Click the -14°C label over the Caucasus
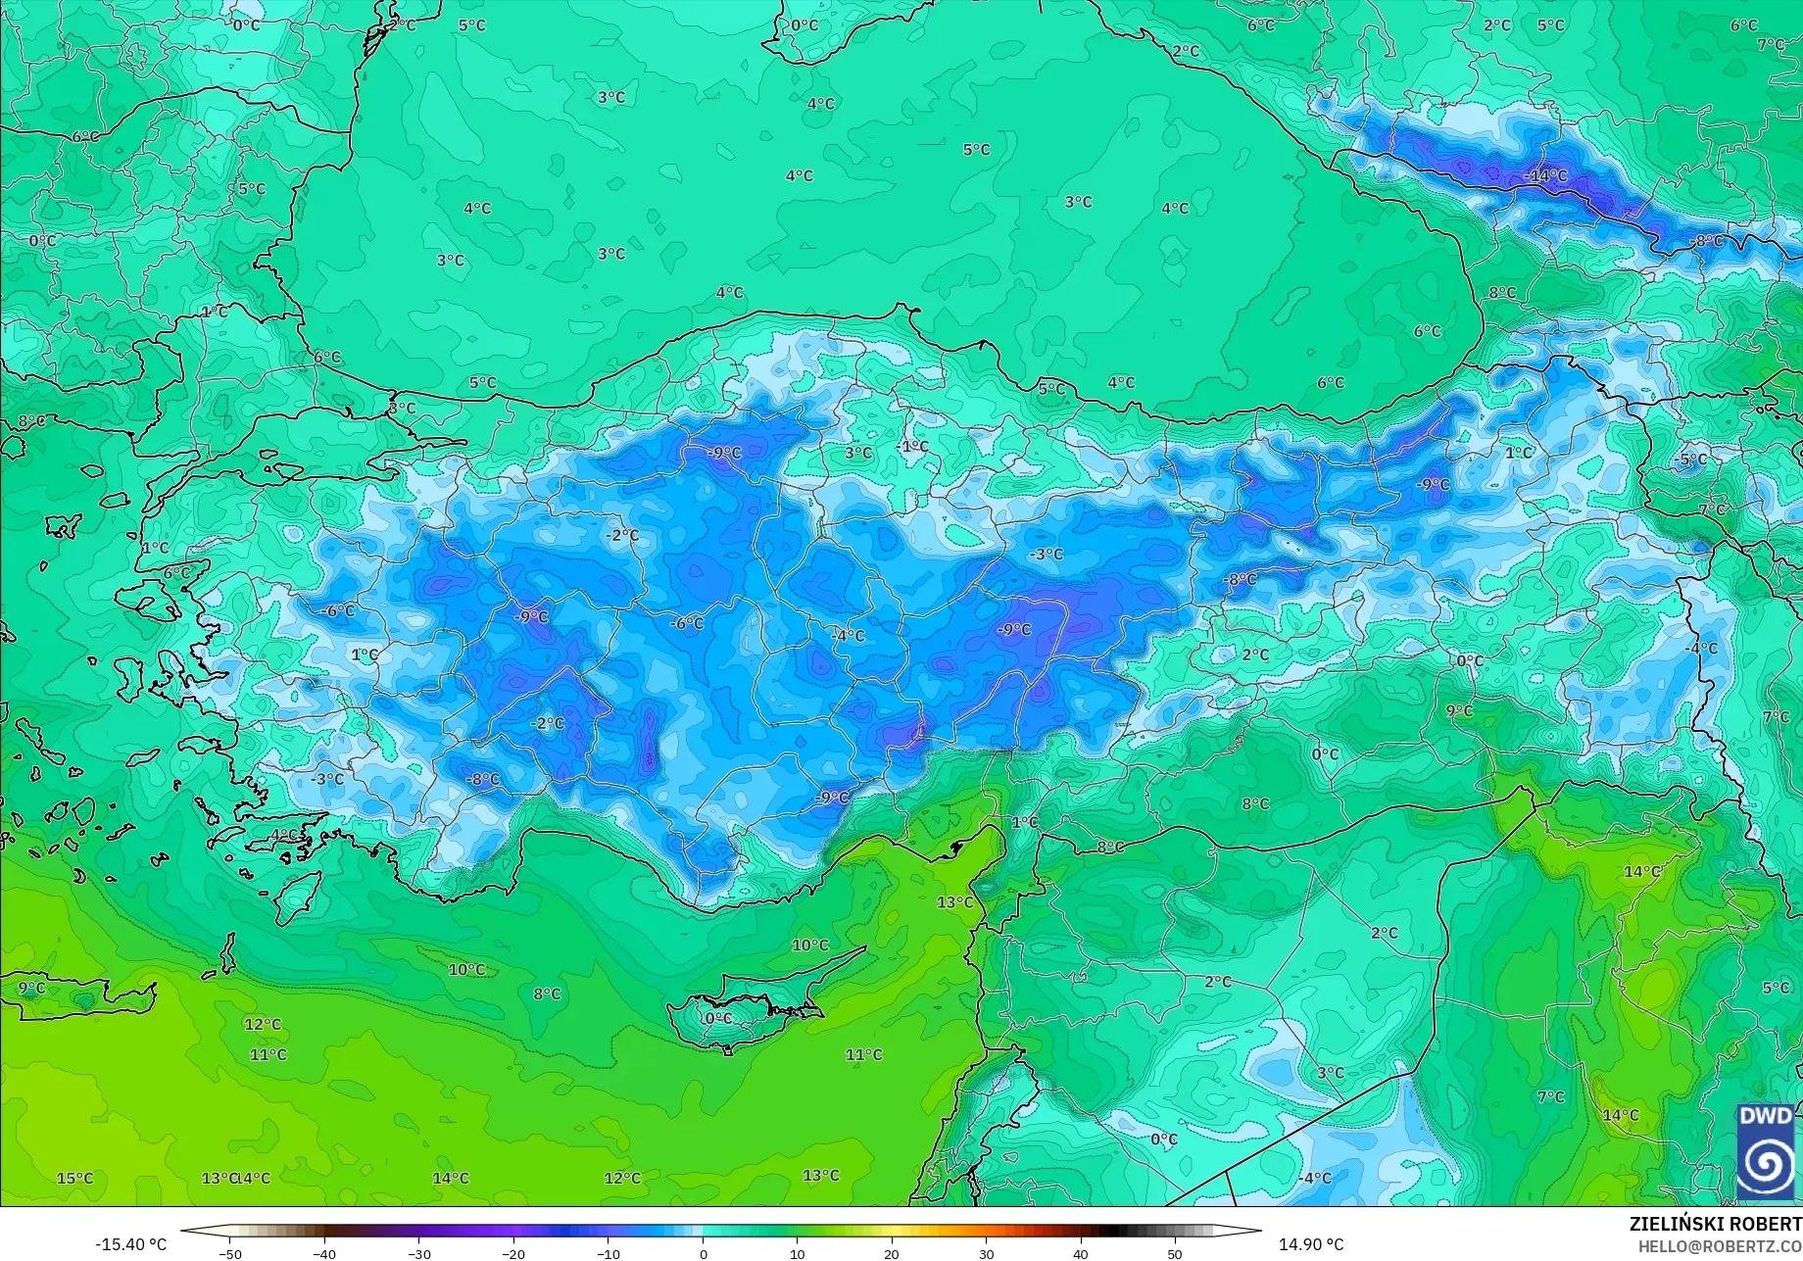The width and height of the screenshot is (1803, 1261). click(1546, 175)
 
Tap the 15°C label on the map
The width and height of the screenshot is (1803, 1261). click(74, 1178)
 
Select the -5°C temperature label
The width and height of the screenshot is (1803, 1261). click(1691, 459)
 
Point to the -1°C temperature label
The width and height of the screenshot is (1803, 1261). click(912, 446)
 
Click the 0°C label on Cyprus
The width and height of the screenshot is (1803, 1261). click(718, 1018)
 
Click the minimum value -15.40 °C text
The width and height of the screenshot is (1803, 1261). click(130, 1244)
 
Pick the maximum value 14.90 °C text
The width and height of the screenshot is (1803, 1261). click(1312, 1244)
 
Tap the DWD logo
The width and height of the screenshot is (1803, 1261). click(1766, 1151)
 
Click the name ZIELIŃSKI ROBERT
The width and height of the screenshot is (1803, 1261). click(1715, 1224)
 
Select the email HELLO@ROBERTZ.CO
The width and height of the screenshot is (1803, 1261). click(1721, 1245)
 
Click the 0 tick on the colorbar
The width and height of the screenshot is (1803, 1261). click(703, 1253)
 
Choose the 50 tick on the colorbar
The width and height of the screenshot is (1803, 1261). click(1175, 1253)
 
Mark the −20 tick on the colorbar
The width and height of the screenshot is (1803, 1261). click(513, 1253)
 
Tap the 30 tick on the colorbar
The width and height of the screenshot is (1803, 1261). click(986, 1253)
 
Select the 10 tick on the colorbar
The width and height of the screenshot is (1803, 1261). click(797, 1253)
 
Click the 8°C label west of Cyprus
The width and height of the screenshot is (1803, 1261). click(547, 994)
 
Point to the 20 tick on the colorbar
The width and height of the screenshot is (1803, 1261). click(892, 1253)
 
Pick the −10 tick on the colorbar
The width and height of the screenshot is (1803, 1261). click(608, 1253)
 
